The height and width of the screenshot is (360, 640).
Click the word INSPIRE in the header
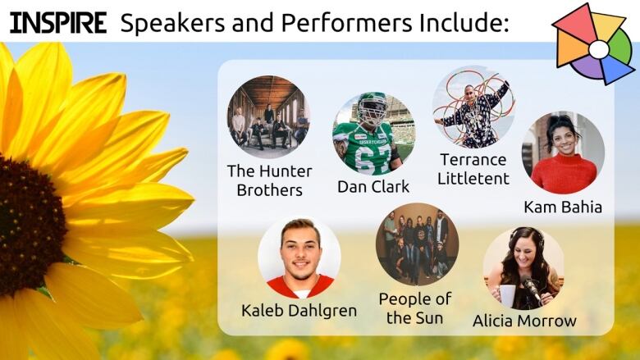58,23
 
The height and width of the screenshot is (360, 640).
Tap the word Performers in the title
346,23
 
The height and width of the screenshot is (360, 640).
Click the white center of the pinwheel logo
599,49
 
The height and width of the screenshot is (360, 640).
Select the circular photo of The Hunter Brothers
268,116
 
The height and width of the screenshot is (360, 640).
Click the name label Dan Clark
373,187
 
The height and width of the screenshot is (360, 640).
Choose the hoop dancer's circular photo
473,107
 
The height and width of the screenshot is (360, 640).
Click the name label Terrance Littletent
473,169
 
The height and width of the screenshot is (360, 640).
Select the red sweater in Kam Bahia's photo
564,174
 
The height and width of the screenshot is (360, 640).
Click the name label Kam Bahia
563,207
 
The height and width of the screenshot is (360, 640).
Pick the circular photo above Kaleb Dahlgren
299,257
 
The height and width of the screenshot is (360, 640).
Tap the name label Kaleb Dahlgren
299,311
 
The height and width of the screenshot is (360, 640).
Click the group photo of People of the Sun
417,244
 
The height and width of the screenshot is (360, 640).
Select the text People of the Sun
415,308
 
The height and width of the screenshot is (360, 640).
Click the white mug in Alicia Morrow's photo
507,295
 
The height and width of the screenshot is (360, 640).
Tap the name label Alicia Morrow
524,321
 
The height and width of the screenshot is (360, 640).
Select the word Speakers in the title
172,24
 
